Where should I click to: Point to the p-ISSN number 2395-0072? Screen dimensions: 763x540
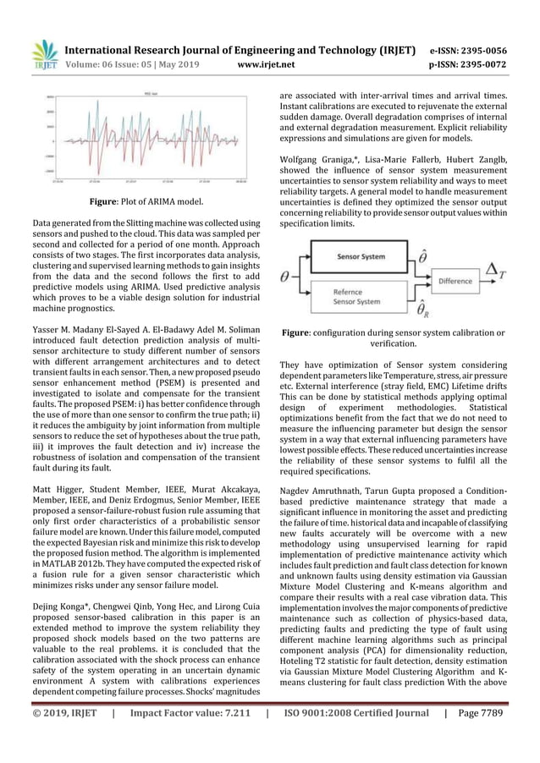point(486,62)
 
